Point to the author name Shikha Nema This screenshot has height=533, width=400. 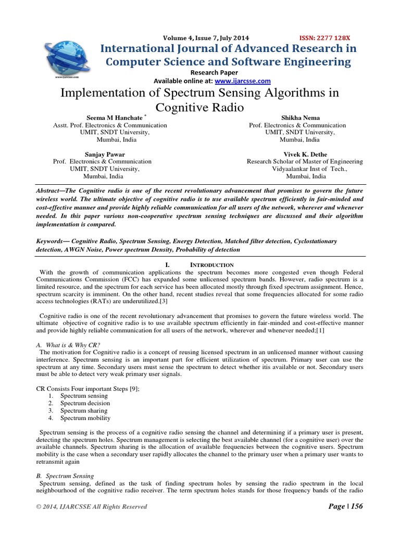[297, 118]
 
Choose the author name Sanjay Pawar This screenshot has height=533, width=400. [102, 155]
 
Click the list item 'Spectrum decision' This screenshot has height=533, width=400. [85, 403]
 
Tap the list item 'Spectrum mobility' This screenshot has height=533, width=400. [85, 418]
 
